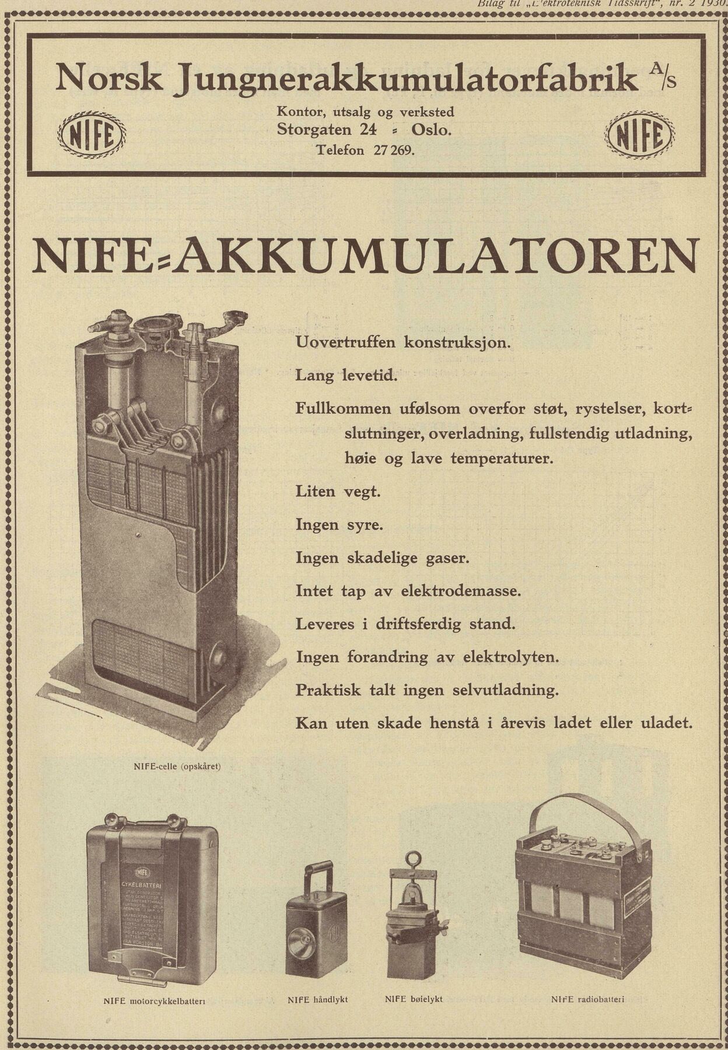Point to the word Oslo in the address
431,129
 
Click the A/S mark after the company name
663,75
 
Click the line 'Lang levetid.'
346,375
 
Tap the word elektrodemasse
460,591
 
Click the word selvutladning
505,690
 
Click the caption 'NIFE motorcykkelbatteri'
154,1002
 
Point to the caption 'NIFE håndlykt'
317,999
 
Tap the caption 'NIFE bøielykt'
414,999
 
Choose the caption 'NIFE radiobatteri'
587,999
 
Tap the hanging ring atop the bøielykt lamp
413,861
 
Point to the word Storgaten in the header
314,129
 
